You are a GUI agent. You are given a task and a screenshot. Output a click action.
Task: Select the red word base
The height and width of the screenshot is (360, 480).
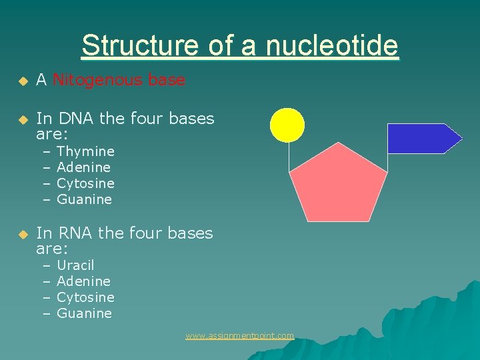[x=167, y=81]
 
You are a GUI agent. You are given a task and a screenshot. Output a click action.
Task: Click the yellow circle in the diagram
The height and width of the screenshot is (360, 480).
[x=287, y=125]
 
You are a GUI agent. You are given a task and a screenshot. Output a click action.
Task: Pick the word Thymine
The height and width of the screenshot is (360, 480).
[x=85, y=151]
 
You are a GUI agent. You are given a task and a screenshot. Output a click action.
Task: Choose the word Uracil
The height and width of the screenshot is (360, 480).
[x=75, y=265]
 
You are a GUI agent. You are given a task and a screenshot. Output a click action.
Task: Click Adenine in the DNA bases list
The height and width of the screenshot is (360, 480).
[x=83, y=167]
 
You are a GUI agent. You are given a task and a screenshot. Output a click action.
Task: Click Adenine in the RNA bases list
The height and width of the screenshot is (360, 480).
[x=83, y=281]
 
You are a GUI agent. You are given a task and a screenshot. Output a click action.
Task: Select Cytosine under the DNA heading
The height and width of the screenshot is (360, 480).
[x=85, y=183]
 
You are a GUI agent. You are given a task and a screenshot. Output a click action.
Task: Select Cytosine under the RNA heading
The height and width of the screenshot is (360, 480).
[x=85, y=297]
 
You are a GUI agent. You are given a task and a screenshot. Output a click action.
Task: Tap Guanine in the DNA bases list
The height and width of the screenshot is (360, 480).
[x=84, y=199]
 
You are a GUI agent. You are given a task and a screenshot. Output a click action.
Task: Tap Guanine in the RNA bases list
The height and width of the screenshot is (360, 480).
[x=84, y=313]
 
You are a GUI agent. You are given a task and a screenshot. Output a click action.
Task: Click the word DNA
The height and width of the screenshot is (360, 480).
[x=76, y=119]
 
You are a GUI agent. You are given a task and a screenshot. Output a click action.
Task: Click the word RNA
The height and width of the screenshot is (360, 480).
[x=76, y=233]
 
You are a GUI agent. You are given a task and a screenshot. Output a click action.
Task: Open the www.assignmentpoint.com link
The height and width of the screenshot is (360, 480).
[x=239, y=336]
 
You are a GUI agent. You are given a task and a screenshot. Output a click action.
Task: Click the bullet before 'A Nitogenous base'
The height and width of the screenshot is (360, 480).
[x=21, y=81]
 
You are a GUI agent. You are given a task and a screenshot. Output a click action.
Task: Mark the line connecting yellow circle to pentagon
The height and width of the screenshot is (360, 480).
[x=289, y=157]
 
